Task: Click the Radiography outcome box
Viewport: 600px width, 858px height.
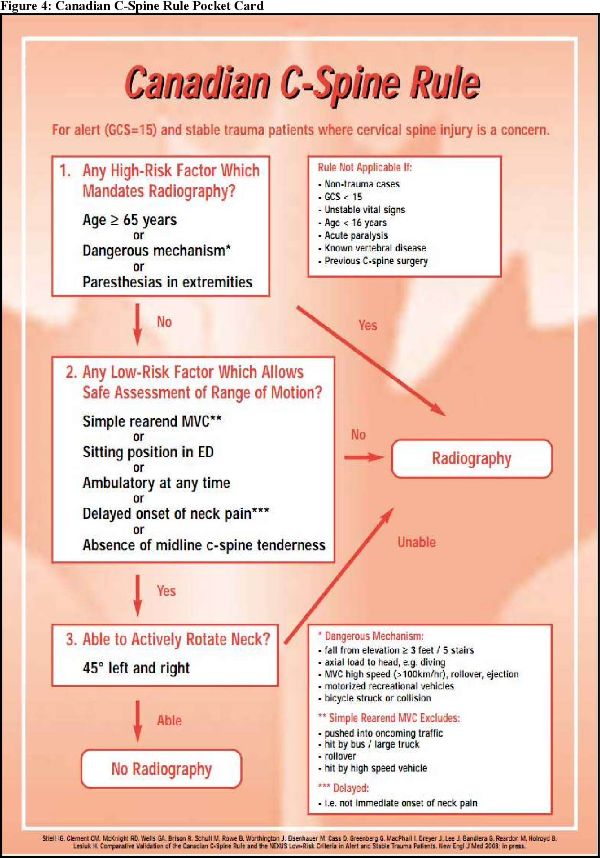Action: coord(471,459)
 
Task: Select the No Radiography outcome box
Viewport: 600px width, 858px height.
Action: coord(161,769)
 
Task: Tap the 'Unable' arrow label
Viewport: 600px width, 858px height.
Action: coord(417,542)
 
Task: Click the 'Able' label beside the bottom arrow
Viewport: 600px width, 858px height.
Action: coord(169,720)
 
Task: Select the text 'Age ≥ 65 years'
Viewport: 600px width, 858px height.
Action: coord(129,220)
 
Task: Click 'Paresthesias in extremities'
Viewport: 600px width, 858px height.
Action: coord(167,282)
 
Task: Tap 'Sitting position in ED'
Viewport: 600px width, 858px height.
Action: coord(148,452)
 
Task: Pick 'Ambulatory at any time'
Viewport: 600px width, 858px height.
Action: coord(156,483)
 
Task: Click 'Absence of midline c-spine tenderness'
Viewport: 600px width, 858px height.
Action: coord(204,545)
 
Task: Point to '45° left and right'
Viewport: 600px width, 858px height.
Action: coord(136,668)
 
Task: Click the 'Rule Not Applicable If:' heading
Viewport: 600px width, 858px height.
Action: coord(365,167)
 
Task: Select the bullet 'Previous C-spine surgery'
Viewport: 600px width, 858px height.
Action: coord(376,261)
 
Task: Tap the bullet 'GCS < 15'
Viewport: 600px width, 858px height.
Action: coord(343,197)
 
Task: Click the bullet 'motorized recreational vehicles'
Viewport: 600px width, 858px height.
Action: coord(389,686)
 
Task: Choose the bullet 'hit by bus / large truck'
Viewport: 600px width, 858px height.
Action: coord(372,744)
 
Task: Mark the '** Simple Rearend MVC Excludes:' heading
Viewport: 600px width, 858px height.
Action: coord(389,718)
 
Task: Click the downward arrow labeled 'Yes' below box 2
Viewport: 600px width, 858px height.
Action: coord(138,595)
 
